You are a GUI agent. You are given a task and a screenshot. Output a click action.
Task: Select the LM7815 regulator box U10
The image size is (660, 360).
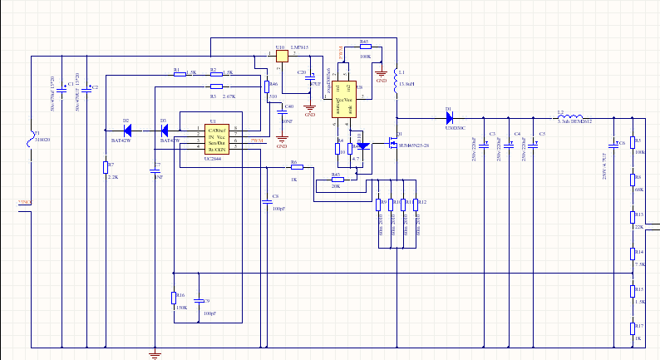[x=280, y=56]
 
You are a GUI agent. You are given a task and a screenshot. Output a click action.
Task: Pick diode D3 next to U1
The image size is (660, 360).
[x=164, y=131]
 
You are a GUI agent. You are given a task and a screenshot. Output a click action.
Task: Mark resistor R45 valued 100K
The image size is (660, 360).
[x=365, y=47]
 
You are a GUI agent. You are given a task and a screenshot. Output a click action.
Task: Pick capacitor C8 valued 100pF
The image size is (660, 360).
[x=267, y=200]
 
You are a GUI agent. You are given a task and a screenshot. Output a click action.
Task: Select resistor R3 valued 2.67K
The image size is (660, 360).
[x=217, y=86]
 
